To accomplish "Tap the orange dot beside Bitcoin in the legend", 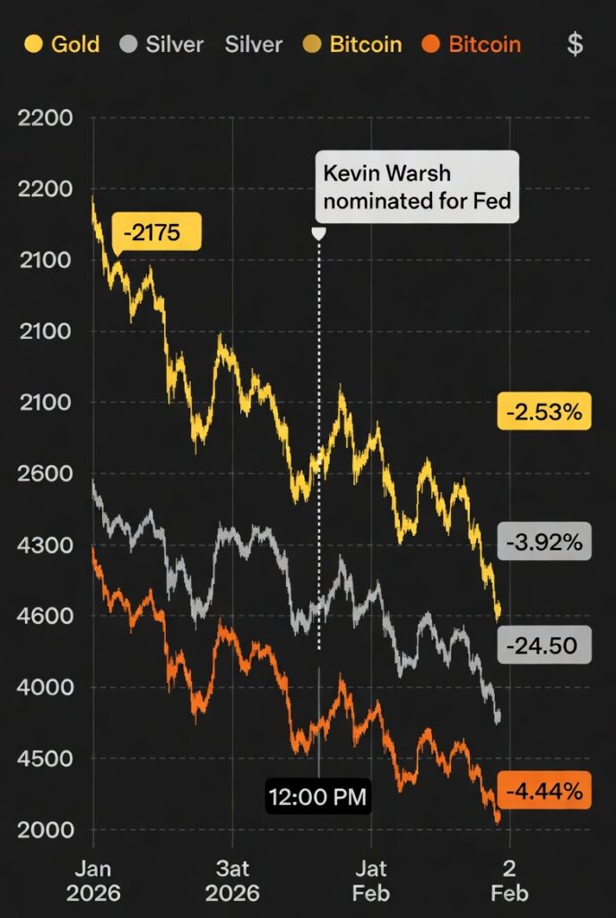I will click(430, 44).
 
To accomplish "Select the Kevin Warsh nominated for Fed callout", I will click(417, 186).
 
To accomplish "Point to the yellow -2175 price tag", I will click(157, 233).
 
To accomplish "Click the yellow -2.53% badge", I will click(544, 412).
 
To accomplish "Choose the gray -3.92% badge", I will click(544, 541).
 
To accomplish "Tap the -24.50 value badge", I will click(544, 645).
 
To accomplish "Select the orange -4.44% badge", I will click(544, 791).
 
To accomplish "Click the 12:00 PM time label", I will click(318, 796).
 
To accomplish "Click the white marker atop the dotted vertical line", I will click(318, 233).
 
